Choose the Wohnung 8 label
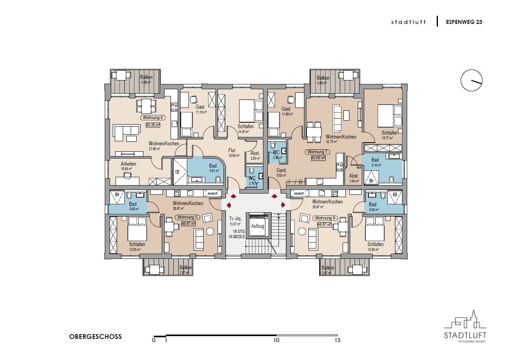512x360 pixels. [x=325, y=218]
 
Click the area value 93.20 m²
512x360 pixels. [x=153, y=125]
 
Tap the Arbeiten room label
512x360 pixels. [x=128, y=164]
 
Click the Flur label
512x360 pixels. [x=232, y=151]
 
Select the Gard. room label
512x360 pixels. [x=282, y=170]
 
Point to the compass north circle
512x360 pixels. [x=471, y=81]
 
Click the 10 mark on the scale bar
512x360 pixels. [x=276, y=340]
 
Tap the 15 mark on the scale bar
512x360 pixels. [x=337, y=340]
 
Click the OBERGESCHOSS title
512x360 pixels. [x=96, y=337]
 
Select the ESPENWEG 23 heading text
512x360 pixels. [x=464, y=22]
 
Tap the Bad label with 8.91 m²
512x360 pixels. [x=213, y=166]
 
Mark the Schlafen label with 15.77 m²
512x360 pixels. [x=389, y=133]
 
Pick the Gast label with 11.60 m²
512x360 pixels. [x=286, y=109]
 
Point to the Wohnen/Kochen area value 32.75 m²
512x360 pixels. [x=332, y=141]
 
